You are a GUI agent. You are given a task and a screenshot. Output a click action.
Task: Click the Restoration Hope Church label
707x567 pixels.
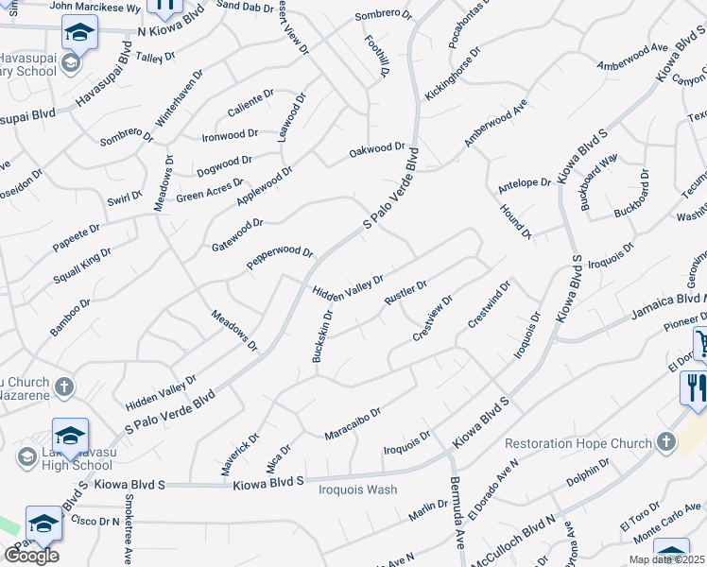point(578,443)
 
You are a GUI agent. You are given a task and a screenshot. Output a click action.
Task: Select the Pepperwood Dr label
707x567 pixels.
point(280,258)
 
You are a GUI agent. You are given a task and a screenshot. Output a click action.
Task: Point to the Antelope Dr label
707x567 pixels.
point(524,182)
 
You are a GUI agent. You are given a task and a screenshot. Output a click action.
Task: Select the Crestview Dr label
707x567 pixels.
point(433,318)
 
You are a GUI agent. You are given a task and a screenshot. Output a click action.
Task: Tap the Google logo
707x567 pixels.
point(31,556)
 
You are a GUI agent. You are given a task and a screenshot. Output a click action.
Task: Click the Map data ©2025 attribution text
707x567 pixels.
point(667,559)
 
